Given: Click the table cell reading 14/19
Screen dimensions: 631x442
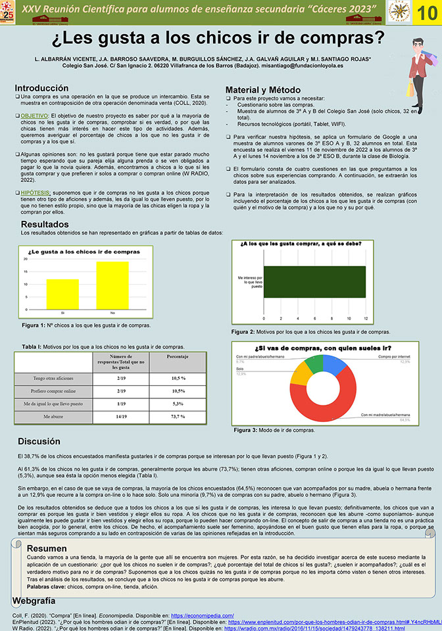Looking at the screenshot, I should point(122,416).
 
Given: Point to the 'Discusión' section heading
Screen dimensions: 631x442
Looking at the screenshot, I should point(43,442).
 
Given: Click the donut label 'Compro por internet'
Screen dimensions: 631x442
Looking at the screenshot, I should point(393,356).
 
